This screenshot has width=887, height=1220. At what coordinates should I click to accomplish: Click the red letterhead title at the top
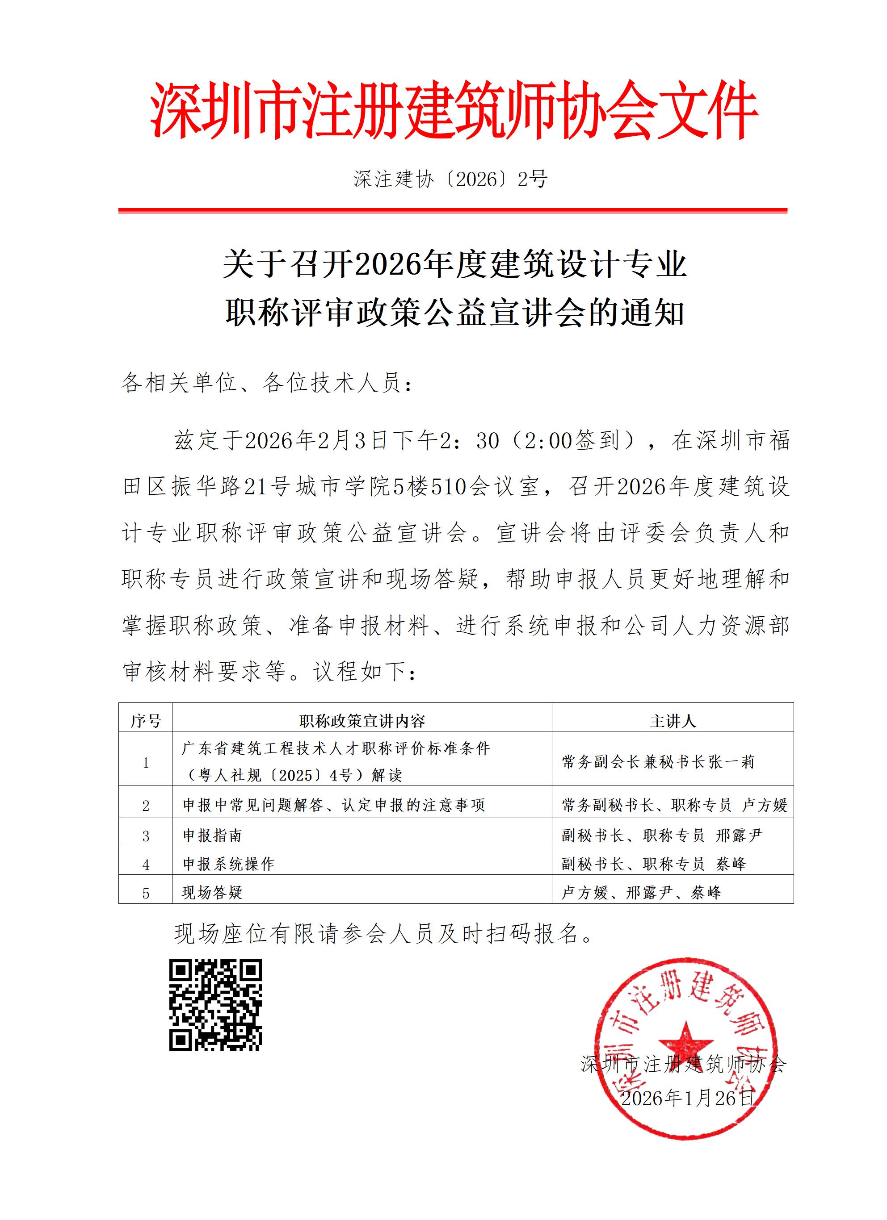(x=454, y=110)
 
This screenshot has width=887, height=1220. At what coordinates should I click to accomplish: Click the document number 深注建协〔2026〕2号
(x=450, y=179)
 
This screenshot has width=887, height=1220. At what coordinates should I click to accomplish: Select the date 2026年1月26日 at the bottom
(x=687, y=1098)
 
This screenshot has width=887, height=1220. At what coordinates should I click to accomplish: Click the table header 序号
(x=145, y=721)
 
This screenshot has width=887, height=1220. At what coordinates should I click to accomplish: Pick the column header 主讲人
(x=672, y=721)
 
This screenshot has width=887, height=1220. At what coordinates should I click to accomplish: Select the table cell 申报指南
(x=213, y=836)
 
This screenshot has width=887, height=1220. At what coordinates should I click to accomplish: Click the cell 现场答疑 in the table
(x=213, y=892)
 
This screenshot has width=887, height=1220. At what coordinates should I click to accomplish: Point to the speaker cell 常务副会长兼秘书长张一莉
(x=658, y=762)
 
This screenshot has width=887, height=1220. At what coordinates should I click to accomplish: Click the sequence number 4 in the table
(x=146, y=865)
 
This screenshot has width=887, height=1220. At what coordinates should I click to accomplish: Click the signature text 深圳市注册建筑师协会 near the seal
(x=683, y=1063)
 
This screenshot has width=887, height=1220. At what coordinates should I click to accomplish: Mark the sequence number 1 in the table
(x=146, y=763)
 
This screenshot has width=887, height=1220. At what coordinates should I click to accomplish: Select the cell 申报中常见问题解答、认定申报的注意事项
(x=334, y=805)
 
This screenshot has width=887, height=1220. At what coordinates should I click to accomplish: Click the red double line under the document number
(x=453, y=210)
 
